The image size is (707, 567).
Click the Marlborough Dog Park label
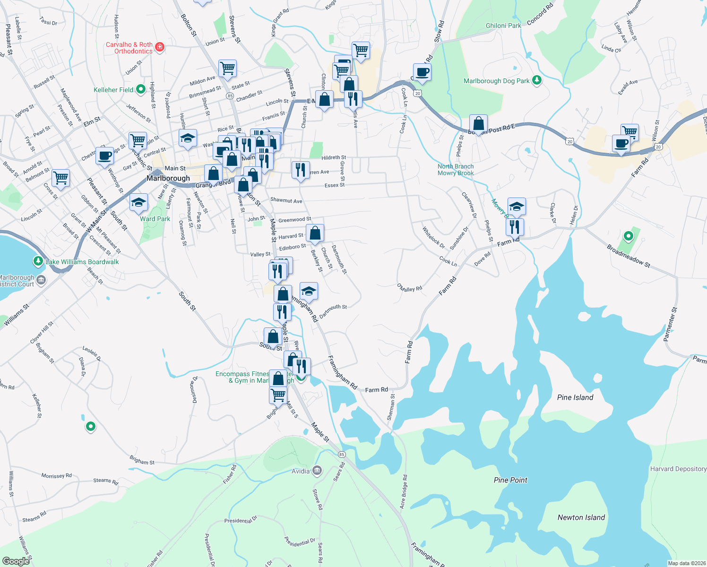click(496, 81)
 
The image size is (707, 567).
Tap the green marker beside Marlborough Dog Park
click(536, 80)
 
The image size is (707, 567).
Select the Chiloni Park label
click(503, 26)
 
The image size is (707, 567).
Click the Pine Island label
click(575, 397)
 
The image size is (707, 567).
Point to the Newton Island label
click(581, 517)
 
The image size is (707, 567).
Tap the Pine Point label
click(510, 480)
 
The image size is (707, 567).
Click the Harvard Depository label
click(678, 469)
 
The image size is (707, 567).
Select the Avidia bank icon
click(317, 471)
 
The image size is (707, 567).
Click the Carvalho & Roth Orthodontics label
click(129, 48)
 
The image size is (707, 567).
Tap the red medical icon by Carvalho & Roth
click(160, 47)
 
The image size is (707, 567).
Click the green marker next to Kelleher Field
click(140, 89)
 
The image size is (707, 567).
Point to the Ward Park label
click(155, 219)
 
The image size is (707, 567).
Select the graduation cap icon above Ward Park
click(138, 203)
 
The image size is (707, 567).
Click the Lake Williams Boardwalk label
click(82, 262)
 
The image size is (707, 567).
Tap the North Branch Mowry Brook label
click(455, 170)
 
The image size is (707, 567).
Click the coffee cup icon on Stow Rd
click(422, 73)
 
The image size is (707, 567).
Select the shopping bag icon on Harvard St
click(315, 233)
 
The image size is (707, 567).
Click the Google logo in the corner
click(16, 561)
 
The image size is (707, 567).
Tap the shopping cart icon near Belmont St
click(61, 179)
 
